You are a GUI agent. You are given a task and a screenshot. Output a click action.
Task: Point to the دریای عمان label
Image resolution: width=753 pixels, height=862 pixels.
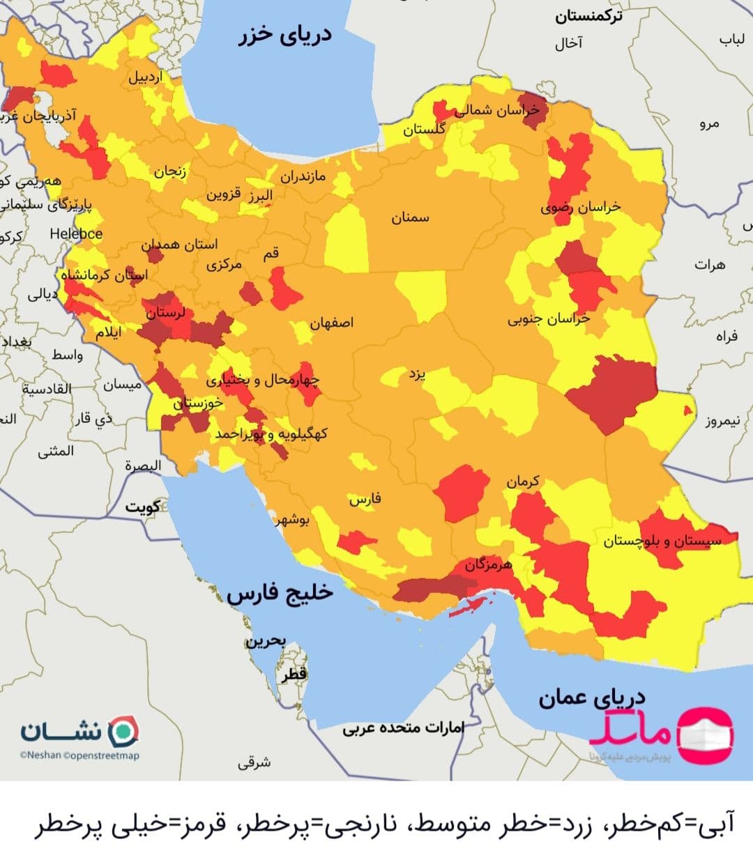click(591, 698)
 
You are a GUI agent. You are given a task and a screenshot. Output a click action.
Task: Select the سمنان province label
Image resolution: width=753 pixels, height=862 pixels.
click(410, 218)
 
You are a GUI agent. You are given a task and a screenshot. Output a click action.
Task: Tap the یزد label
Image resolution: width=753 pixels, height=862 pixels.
click(416, 374)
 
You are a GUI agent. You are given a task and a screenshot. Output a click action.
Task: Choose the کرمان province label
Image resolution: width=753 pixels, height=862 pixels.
click(522, 482)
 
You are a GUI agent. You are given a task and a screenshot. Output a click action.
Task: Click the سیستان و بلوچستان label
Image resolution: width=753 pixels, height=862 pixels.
click(662, 541)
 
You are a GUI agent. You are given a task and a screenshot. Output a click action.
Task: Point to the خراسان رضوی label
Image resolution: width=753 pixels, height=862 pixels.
click(580, 207)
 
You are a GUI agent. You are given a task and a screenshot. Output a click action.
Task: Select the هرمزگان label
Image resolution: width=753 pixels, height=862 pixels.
click(489, 565)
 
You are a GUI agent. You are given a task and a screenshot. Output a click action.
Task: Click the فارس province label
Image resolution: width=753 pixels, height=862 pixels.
click(365, 500)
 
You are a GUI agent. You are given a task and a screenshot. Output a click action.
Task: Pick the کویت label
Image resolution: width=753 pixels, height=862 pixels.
click(142, 507)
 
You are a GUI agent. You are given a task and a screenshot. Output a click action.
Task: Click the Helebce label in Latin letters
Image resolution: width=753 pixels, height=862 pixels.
click(76, 234)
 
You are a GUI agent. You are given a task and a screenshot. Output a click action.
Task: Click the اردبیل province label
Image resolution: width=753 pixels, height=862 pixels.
click(144, 77)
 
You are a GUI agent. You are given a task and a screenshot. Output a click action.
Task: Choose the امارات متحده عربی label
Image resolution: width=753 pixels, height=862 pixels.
click(403, 728)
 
